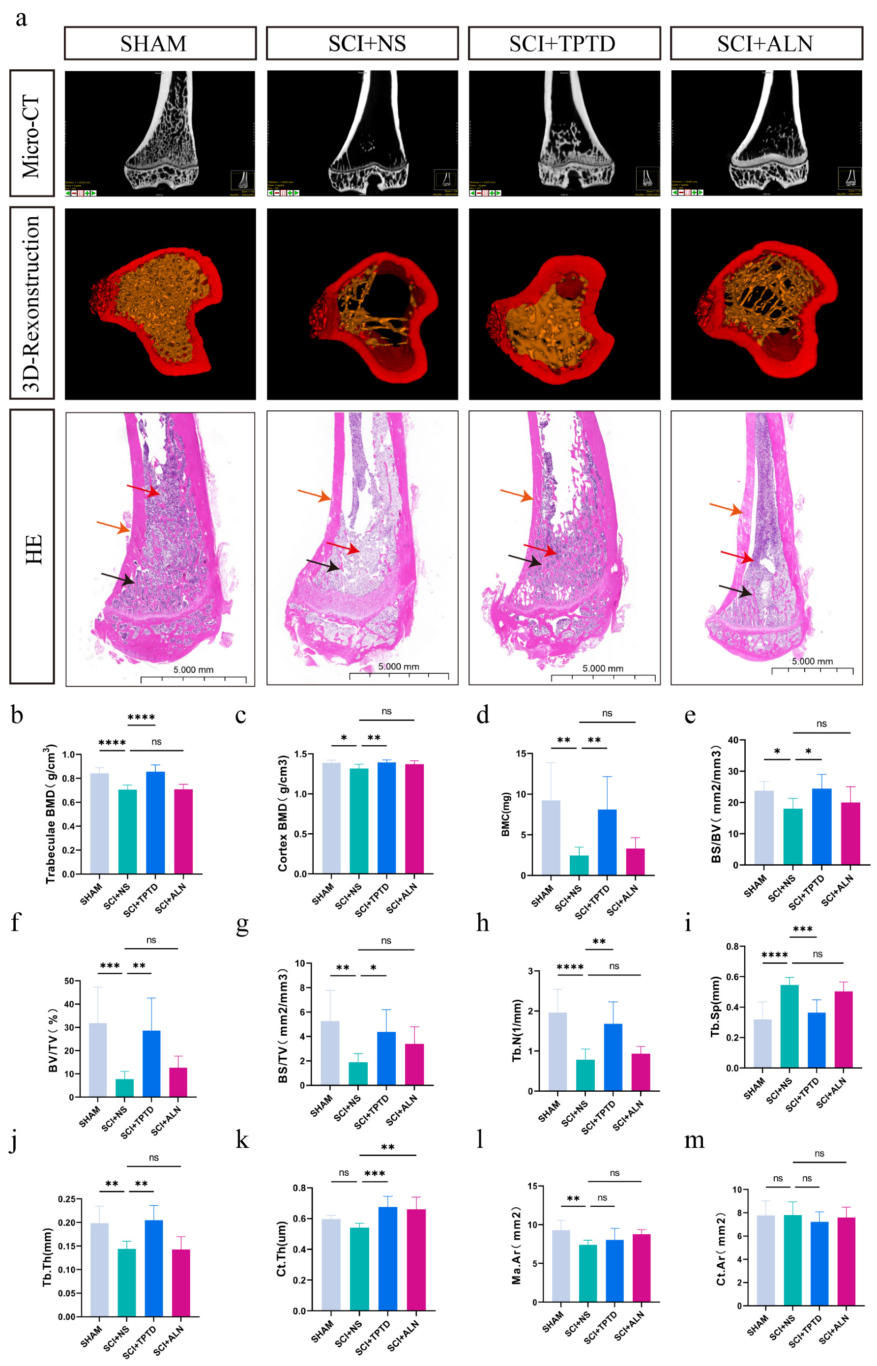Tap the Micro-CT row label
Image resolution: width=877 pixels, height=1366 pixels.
32,134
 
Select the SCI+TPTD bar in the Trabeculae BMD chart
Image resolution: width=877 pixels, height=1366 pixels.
155,823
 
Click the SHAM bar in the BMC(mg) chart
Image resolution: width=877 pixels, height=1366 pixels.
551,837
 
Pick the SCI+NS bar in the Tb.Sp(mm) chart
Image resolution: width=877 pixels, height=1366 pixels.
789,1025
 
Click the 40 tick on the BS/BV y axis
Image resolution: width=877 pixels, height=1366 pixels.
732,740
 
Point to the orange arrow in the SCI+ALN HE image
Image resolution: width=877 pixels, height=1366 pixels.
726,508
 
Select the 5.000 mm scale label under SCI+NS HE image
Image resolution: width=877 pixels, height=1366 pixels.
398,666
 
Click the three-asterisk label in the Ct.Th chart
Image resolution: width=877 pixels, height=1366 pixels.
374,1173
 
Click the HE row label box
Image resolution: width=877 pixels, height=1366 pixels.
32,547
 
